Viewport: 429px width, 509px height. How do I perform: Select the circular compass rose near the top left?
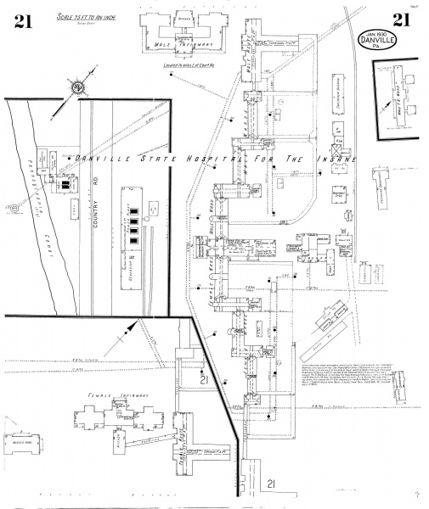(x=77, y=86)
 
